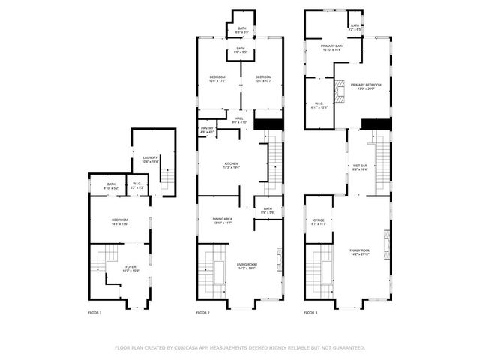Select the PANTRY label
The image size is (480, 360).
tap(207, 130)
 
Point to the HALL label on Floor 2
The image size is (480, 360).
tap(240, 118)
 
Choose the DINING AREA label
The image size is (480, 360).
tap(222, 220)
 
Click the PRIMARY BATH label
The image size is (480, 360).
tap(332, 46)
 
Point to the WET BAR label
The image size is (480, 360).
tap(361, 166)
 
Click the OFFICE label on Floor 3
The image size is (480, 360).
tap(318, 220)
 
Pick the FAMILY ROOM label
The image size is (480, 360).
tap(360, 250)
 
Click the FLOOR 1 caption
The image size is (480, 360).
tap(94, 312)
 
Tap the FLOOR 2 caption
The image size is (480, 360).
tap(202, 312)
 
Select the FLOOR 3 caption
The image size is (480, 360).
tap(310, 312)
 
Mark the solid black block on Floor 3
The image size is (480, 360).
tap(376, 124)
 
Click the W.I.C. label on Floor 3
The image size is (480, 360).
tap(319, 104)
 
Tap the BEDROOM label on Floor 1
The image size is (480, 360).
tap(120, 220)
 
